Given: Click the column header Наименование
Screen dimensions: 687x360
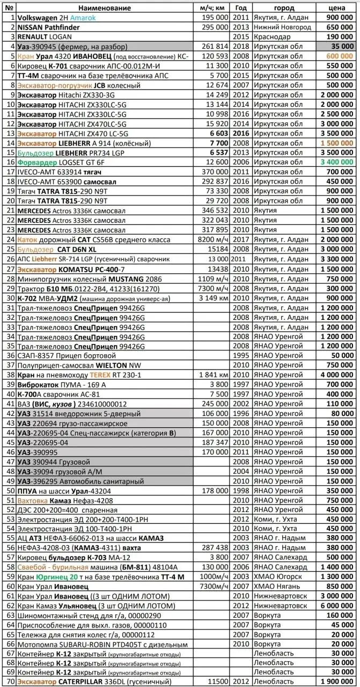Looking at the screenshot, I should [x=104, y=8].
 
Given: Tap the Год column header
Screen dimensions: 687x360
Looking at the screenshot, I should [x=241, y=8].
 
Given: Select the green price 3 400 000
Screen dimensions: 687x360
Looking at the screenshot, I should [x=335, y=162].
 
